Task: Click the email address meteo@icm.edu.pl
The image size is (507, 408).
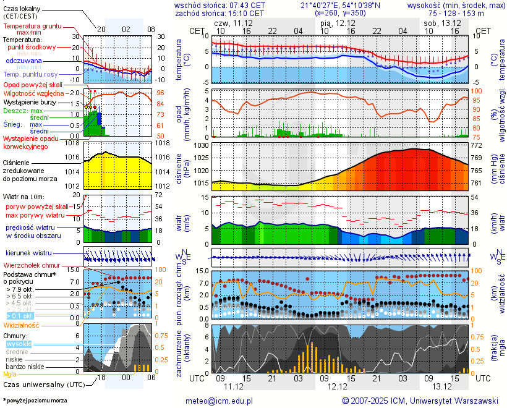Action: tap(219, 401)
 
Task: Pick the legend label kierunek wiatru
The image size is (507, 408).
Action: tap(28, 253)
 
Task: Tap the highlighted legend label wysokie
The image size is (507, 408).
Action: tap(19, 344)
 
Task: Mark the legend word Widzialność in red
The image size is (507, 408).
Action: tap(22, 325)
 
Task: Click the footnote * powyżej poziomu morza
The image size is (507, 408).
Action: tap(35, 401)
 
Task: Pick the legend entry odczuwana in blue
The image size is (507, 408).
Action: tap(24, 61)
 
